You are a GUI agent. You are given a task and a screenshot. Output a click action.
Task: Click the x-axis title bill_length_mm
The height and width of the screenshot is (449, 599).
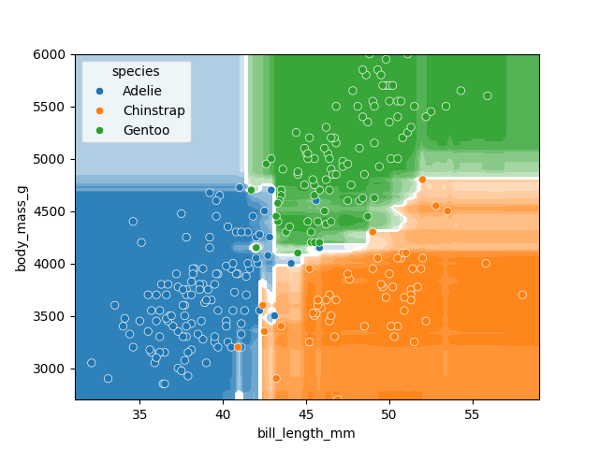click(x=306, y=433)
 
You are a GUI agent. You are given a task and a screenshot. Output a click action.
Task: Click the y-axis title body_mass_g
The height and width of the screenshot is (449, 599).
click(x=21, y=226)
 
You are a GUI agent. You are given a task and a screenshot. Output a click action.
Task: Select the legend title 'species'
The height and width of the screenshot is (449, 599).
click(x=136, y=72)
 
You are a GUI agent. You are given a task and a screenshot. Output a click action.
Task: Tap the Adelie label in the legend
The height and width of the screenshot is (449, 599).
click(x=141, y=92)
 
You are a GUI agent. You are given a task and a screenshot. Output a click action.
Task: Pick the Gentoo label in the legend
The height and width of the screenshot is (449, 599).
click(x=146, y=131)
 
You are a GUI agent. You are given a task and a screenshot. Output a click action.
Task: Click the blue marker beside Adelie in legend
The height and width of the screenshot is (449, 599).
click(x=100, y=92)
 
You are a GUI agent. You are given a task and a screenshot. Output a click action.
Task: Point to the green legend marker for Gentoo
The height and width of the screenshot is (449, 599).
click(x=100, y=131)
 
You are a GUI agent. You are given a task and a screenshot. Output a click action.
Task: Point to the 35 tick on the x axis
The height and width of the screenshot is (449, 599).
click(x=139, y=413)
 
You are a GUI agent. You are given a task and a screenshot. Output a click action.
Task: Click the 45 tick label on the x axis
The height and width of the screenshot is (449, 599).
click(x=306, y=413)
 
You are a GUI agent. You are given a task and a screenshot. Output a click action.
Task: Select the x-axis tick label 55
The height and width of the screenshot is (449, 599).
click(x=472, y=413)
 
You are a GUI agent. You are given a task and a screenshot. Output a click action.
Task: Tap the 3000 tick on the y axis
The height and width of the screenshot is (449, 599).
click(x=54, y=369)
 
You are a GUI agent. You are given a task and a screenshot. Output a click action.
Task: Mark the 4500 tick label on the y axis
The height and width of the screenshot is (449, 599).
click(x=54, y=211)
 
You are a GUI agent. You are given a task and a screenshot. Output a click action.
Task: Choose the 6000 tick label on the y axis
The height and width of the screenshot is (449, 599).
click(x=54, y=55)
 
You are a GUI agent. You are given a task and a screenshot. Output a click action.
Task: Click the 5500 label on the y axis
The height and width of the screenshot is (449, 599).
click(x=54, y=108)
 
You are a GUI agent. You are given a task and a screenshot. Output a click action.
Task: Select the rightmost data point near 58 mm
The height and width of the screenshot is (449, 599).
click(x=522, y=295)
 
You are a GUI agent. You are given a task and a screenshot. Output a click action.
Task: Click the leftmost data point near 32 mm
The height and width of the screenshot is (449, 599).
click(x=91, y=363)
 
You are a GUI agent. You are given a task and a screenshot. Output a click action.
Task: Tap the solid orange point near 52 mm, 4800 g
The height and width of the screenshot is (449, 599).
click(x=422, y=180)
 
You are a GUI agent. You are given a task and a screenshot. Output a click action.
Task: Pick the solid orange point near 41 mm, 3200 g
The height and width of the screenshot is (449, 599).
click(x=238, y=347)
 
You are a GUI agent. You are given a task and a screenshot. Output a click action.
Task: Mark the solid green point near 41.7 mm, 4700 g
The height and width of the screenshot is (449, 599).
click(x=251, y=190)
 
